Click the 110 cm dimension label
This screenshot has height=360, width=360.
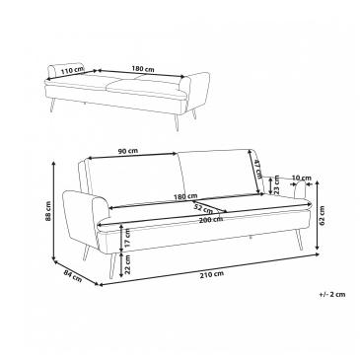pos(73,69)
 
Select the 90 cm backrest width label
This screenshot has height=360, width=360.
pos(128,151)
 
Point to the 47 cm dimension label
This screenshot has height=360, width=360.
pos(257,168)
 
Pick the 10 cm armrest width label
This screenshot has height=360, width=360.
pos(301,178)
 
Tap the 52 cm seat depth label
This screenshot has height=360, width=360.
pos(203,208)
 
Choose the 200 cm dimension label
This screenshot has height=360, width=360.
pos(210,220)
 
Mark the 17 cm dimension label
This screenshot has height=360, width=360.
pos(128,239)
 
